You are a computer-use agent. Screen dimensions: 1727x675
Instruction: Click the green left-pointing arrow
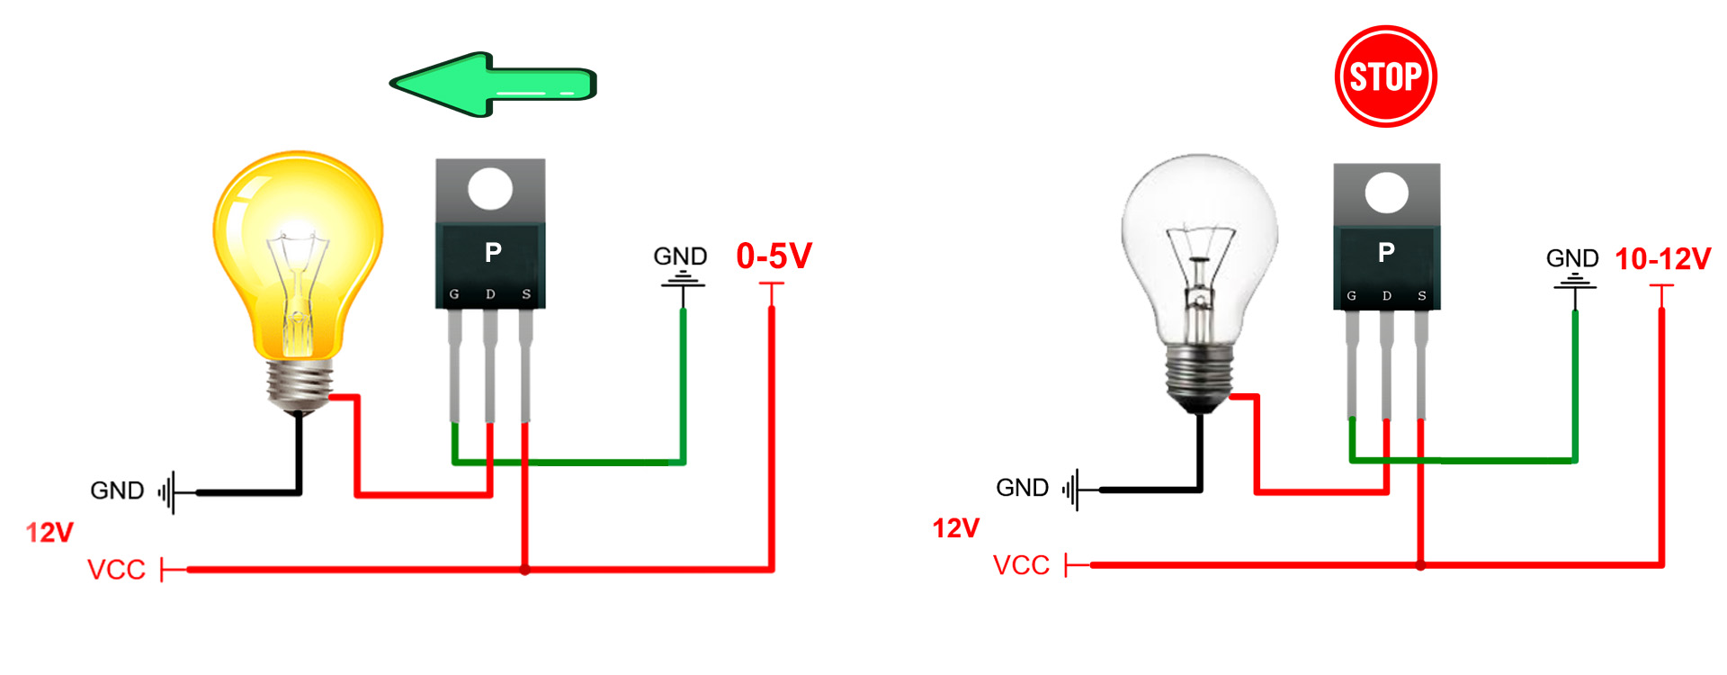493,85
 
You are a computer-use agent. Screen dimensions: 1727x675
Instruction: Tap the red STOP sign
1385,76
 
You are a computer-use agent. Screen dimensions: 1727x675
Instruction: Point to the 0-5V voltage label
774,256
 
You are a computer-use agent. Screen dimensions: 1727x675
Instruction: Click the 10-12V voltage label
1662,259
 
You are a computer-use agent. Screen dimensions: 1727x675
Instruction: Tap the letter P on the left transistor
493,253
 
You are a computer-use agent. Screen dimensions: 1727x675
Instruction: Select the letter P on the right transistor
1386,252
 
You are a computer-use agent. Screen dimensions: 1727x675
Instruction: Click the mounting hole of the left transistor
490,189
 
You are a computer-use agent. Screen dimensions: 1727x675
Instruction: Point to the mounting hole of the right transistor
1386,193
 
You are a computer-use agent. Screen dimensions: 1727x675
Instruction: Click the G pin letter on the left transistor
454,294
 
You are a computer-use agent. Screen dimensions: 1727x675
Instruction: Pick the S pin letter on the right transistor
1422,295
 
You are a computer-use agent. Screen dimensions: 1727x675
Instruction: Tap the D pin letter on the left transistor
490,294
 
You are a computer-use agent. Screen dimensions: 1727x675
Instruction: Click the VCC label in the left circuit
116,570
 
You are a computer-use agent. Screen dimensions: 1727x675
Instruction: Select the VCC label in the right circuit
1021,565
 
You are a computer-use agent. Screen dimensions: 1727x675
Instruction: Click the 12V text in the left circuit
49,533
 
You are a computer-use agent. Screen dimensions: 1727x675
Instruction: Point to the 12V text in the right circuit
955,528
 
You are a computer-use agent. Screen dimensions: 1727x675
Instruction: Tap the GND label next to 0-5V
680,256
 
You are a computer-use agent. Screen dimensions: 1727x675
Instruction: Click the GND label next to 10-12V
1572,258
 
